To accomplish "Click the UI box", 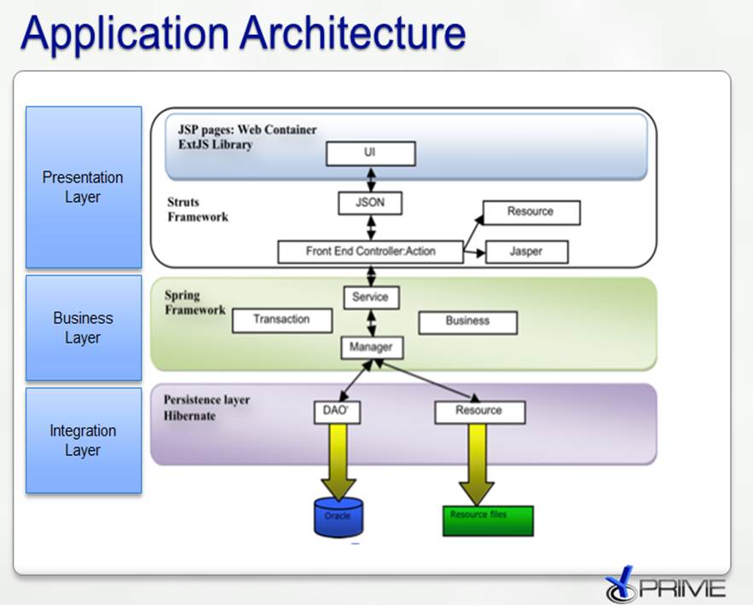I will (370, 153).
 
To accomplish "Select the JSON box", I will (370, 204).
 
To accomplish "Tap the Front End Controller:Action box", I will (370, 251).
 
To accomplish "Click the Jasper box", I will (525, 251).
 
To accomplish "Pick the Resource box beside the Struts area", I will (531, 212).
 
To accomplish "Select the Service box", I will (370, 297).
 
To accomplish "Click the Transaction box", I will (281, 320).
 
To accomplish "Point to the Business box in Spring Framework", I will (467, 321).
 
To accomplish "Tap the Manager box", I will (371, 347).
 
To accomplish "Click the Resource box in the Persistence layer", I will (478, 412).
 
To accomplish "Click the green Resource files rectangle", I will (488, 521).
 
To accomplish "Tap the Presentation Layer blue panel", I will (84, 188).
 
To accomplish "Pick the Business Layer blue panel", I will (84, 327).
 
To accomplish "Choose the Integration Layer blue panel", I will (84, 441).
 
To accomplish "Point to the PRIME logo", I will (665, 586).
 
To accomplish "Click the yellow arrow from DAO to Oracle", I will (339, 460).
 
